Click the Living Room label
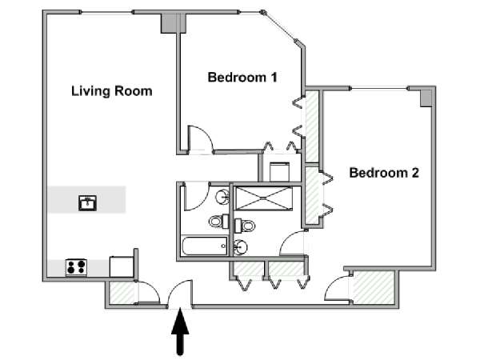(112, 91)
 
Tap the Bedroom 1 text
(242, 77)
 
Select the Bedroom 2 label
(384, 173)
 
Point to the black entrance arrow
(180, 331)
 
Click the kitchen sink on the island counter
(87, 203)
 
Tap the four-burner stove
(76, 267)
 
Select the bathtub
(205, 246)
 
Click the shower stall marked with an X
(263, 198)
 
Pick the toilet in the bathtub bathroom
(219, 221)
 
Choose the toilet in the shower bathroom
(245, 226)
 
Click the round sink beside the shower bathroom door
(240, 246)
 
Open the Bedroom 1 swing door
(200, 138)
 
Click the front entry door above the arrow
(180, 294)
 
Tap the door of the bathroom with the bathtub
(196, 197)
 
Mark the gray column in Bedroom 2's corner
(426, 98)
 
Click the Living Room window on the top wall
(107, 12)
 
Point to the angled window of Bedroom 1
(279, 26)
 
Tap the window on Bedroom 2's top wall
(379, 89)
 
